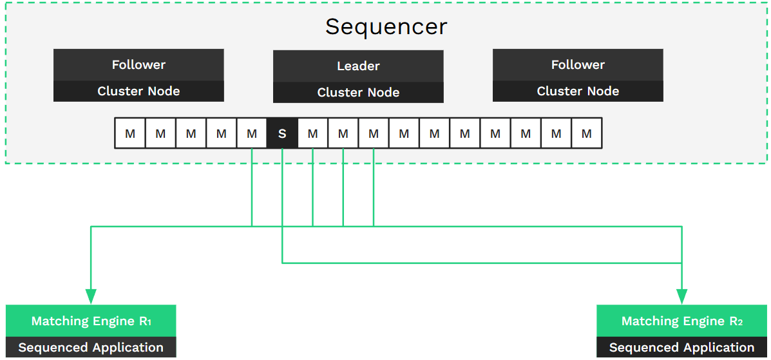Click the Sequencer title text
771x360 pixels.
point(385,27)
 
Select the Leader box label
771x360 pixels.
point(358,66)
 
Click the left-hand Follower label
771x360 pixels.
point(138,64)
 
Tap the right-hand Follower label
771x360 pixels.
point(578,64)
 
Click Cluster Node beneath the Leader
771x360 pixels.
point(358,93)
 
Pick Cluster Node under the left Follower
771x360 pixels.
point(138,91)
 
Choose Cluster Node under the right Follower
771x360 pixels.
point(578,91)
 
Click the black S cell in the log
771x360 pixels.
point(282,134)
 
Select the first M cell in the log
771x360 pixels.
point(130,134)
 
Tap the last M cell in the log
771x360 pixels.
point(586,134)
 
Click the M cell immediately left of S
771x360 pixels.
point(252,134)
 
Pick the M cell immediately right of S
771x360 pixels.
point(312,134)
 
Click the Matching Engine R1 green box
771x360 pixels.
point(91,321)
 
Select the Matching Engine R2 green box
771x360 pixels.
point(681,321)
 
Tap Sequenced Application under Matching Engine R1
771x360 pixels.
point(91,348)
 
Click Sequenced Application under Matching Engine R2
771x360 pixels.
point(681,348)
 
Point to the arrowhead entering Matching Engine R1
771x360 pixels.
point(91,296)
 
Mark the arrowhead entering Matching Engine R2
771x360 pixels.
point(681,296)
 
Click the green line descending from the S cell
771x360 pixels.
point(282,206)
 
